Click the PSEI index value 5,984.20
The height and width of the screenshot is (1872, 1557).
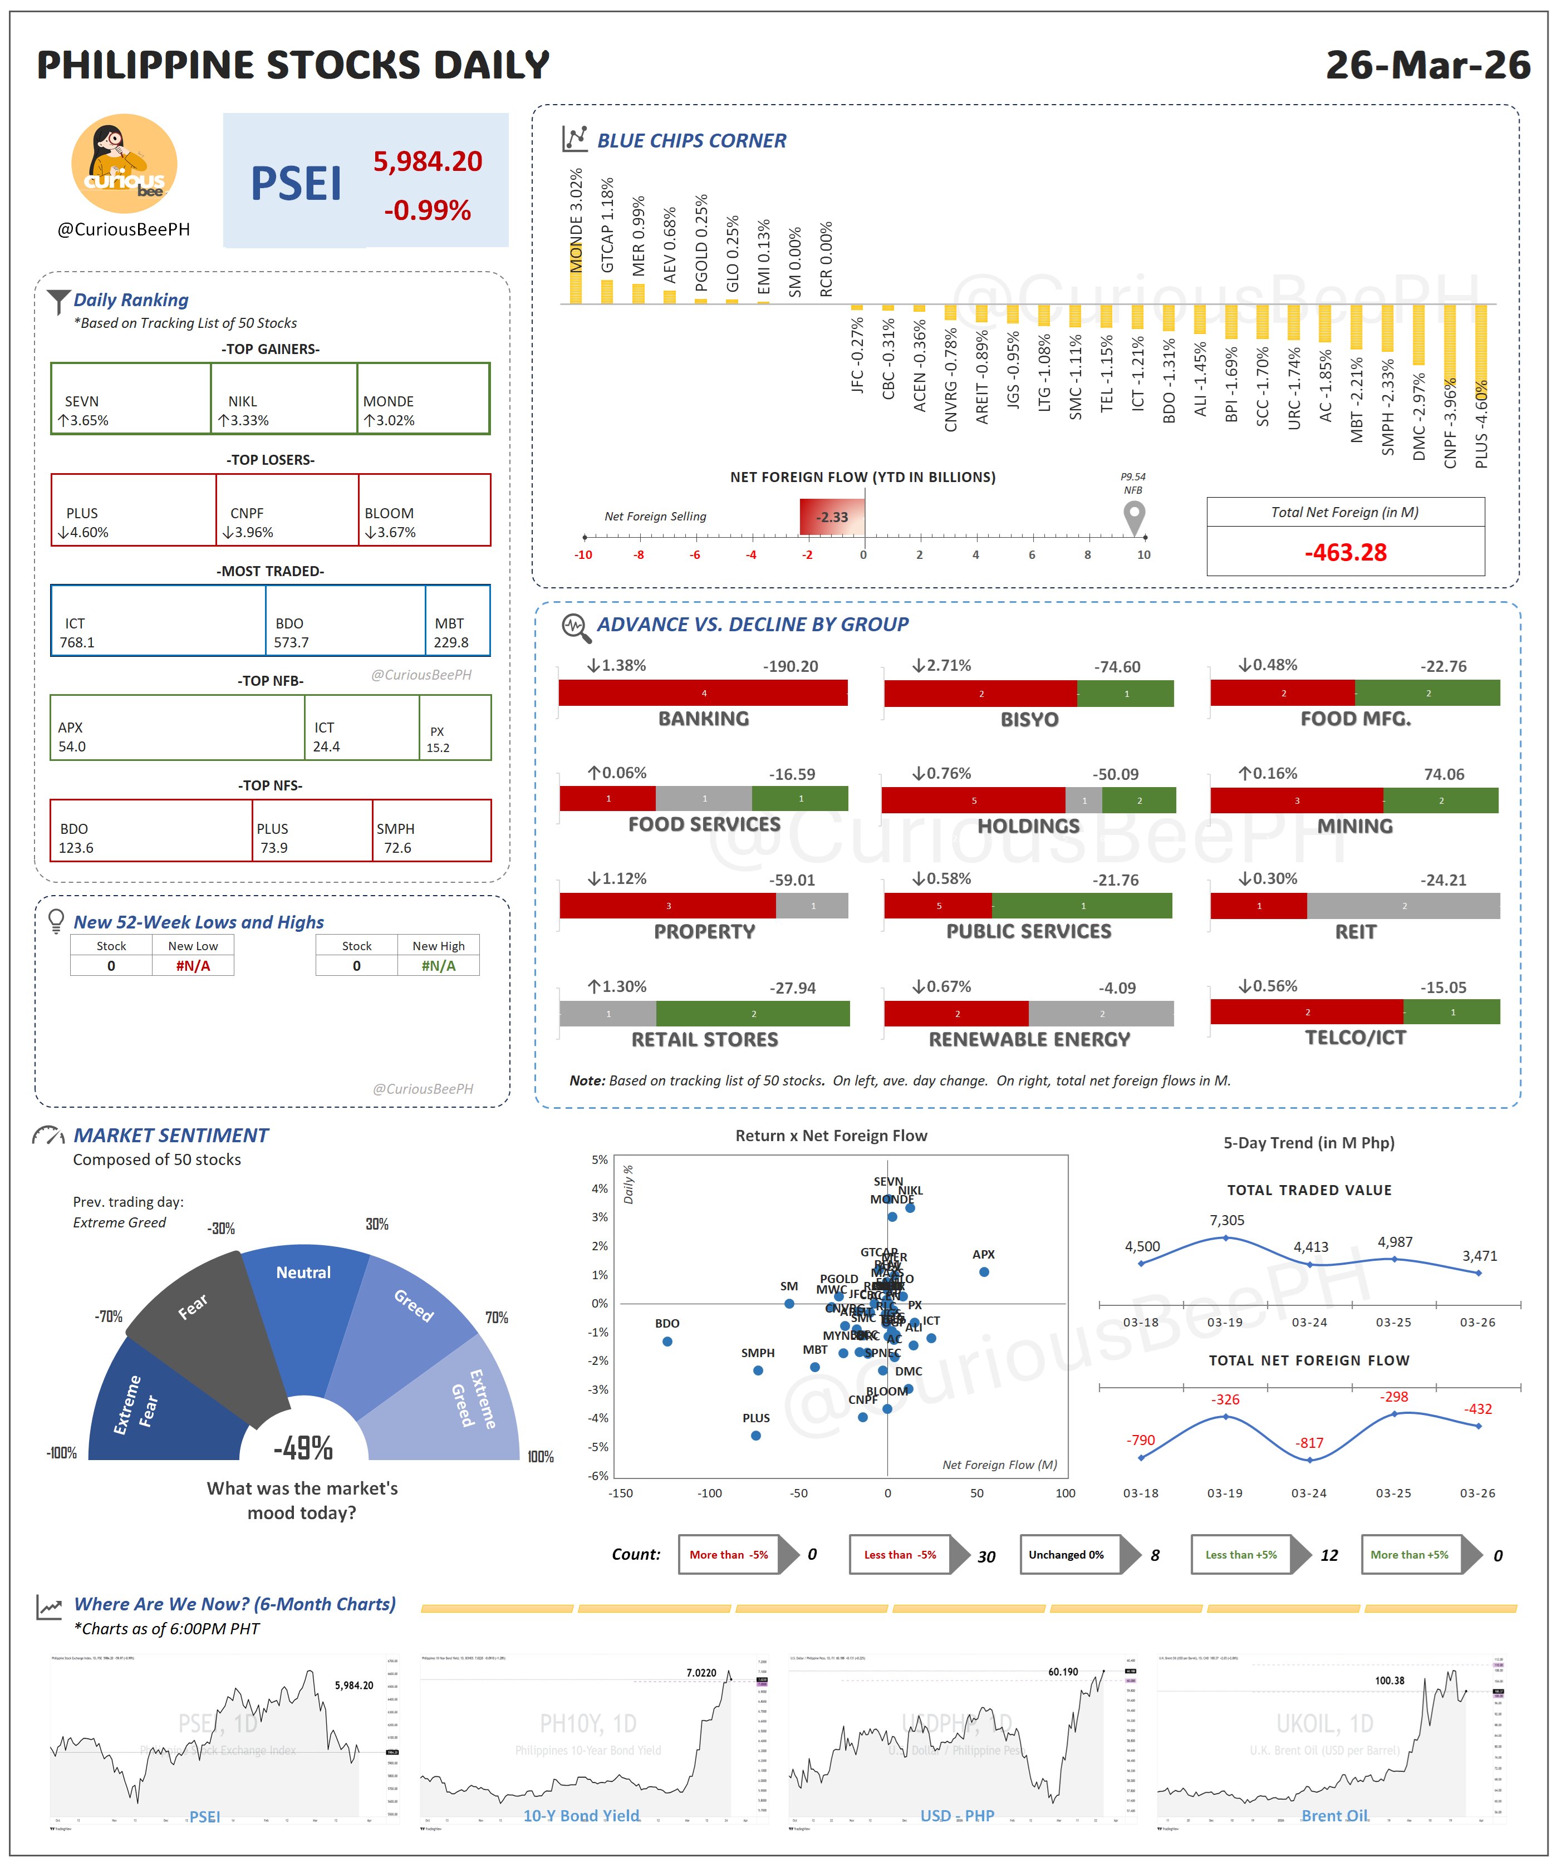point(427,161)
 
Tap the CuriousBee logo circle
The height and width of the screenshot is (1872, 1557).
point(124,163)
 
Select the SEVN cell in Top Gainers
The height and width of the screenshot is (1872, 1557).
point(130,399)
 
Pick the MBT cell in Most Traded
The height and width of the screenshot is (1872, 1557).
point(457,621)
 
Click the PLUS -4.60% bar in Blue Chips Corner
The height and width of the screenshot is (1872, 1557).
point(1480,348)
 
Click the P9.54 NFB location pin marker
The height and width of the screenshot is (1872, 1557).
point(1134,515)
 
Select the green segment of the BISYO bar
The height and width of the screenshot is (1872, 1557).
point(1125,694)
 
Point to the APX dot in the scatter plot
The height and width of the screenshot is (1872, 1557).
point(984,1272)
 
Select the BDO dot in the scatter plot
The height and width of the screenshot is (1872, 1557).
point(667,1342)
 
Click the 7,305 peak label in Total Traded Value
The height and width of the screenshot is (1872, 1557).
point(1226,1220)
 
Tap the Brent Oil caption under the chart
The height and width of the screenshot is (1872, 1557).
point(1334,1816)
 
